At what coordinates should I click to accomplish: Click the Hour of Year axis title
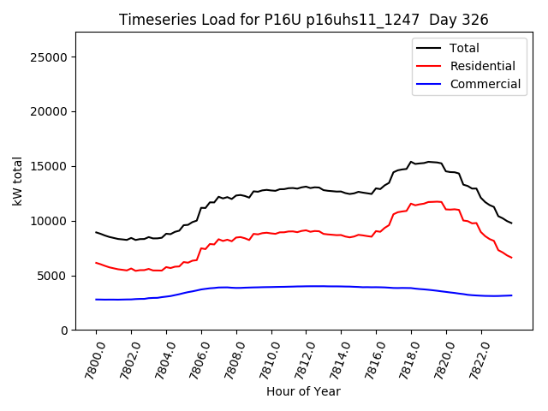click(303, 392)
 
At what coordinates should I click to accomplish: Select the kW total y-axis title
click(18, 182)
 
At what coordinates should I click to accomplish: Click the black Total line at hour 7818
click(411, 161)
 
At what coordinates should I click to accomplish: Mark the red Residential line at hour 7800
click(96, 263)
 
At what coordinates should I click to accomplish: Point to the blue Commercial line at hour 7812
click(306, 286)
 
